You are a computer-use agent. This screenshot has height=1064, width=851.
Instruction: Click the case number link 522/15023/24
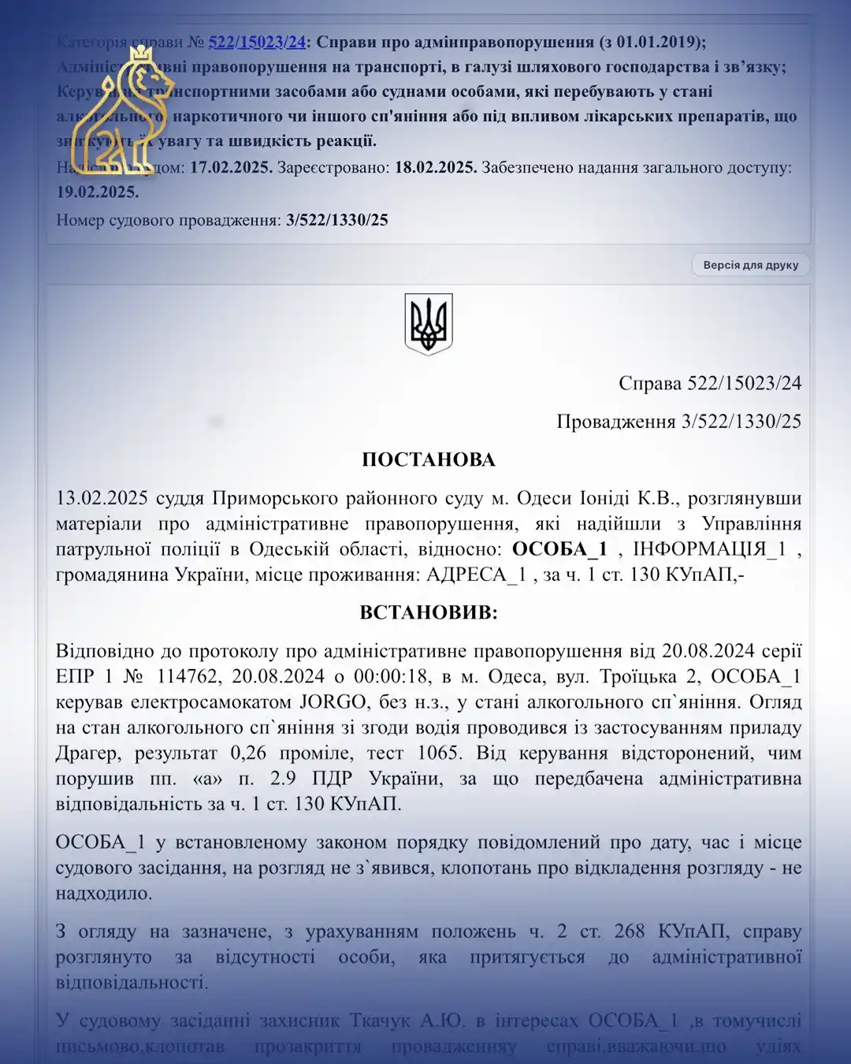(257, 43)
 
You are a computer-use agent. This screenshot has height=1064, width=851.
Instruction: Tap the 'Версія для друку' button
(750, 266)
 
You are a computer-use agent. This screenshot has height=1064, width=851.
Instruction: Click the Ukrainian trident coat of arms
(428, 324)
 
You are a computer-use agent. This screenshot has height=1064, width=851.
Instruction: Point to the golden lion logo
(121, 110)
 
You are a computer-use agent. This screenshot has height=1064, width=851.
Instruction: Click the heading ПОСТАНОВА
(428, 460)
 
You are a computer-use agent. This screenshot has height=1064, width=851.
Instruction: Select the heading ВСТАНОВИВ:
(428, 612)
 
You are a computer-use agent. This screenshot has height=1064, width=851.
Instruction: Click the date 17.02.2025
(231, 168)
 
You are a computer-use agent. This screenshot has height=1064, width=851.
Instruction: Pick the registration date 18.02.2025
(435, 168)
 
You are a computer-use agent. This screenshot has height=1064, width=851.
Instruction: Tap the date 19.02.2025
(97, 192)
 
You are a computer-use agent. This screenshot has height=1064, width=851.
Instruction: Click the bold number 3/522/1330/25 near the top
(337, 220)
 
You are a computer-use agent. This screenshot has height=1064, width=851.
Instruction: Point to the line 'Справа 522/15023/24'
(709, 384)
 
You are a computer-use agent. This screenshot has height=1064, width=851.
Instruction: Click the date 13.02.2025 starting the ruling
(102, 498)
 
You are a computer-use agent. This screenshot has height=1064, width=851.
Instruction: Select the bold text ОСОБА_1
(559, 549)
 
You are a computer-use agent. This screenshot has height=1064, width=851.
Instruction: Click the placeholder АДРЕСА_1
(476, 575)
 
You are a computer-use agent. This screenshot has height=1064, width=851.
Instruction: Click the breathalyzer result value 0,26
(248, 753)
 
